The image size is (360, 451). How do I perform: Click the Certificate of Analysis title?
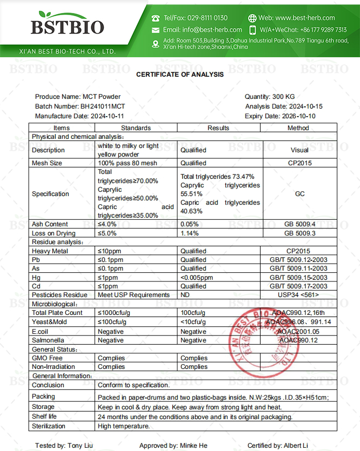pos(180,75)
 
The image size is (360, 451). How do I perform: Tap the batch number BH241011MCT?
pos(103,106)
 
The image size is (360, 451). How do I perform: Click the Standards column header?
pos(136,128)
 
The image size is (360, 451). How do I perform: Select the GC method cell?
pos(299,194)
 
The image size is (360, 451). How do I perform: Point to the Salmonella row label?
pos(48,340)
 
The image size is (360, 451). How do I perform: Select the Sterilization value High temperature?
pos(124,426)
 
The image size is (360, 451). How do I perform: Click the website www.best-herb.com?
pos(305,18)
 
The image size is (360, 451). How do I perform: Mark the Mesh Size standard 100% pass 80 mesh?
pos(128,163)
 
